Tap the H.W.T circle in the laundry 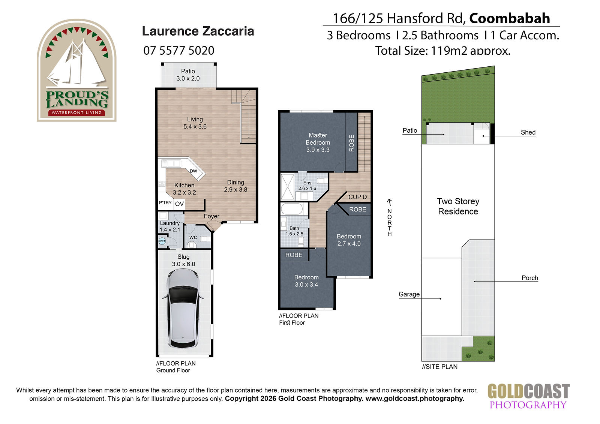[162, 241]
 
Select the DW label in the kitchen [193, 171]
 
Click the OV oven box [180, 204]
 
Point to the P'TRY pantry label [165, 203]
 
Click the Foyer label [211, 216]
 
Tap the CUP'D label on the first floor [358, 197]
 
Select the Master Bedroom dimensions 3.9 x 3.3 [318, 150]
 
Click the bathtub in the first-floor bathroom [292, 209]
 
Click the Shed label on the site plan [528, 132]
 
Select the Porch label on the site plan [529, 278]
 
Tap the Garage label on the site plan [409, 294]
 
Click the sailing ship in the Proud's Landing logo [76, 64]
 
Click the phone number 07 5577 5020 [178, 51]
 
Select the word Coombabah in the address [510, 18]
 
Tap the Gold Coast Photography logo [528, 396]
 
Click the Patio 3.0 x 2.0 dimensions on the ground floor [188, 78]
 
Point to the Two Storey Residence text [458, 206]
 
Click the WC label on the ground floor [193, 237]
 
